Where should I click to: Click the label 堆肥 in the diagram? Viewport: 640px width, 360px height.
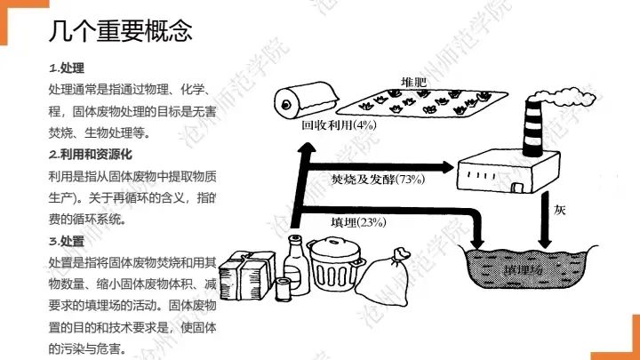(414, 82)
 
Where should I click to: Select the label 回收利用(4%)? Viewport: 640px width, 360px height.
(339, 125)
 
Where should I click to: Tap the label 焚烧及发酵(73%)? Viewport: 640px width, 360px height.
(378, 180)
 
